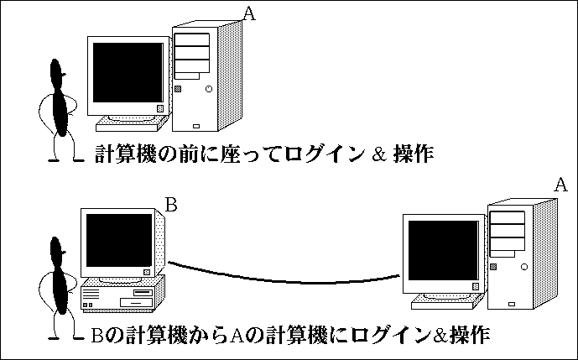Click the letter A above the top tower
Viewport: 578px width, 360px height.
pyautogui.click(x=248, y=13)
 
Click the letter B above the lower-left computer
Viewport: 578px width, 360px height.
pyautogui.click(x=170, y=204)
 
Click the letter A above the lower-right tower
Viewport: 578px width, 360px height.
pyautogui.click(x=562, y=184)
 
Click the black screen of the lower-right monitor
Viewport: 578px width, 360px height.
pyautogui.click(x=440, y=251)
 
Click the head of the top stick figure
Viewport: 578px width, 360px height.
pyautogui.click(x=58, y=71)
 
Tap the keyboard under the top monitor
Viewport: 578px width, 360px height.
pyautogui.click(x=129, y=124)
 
